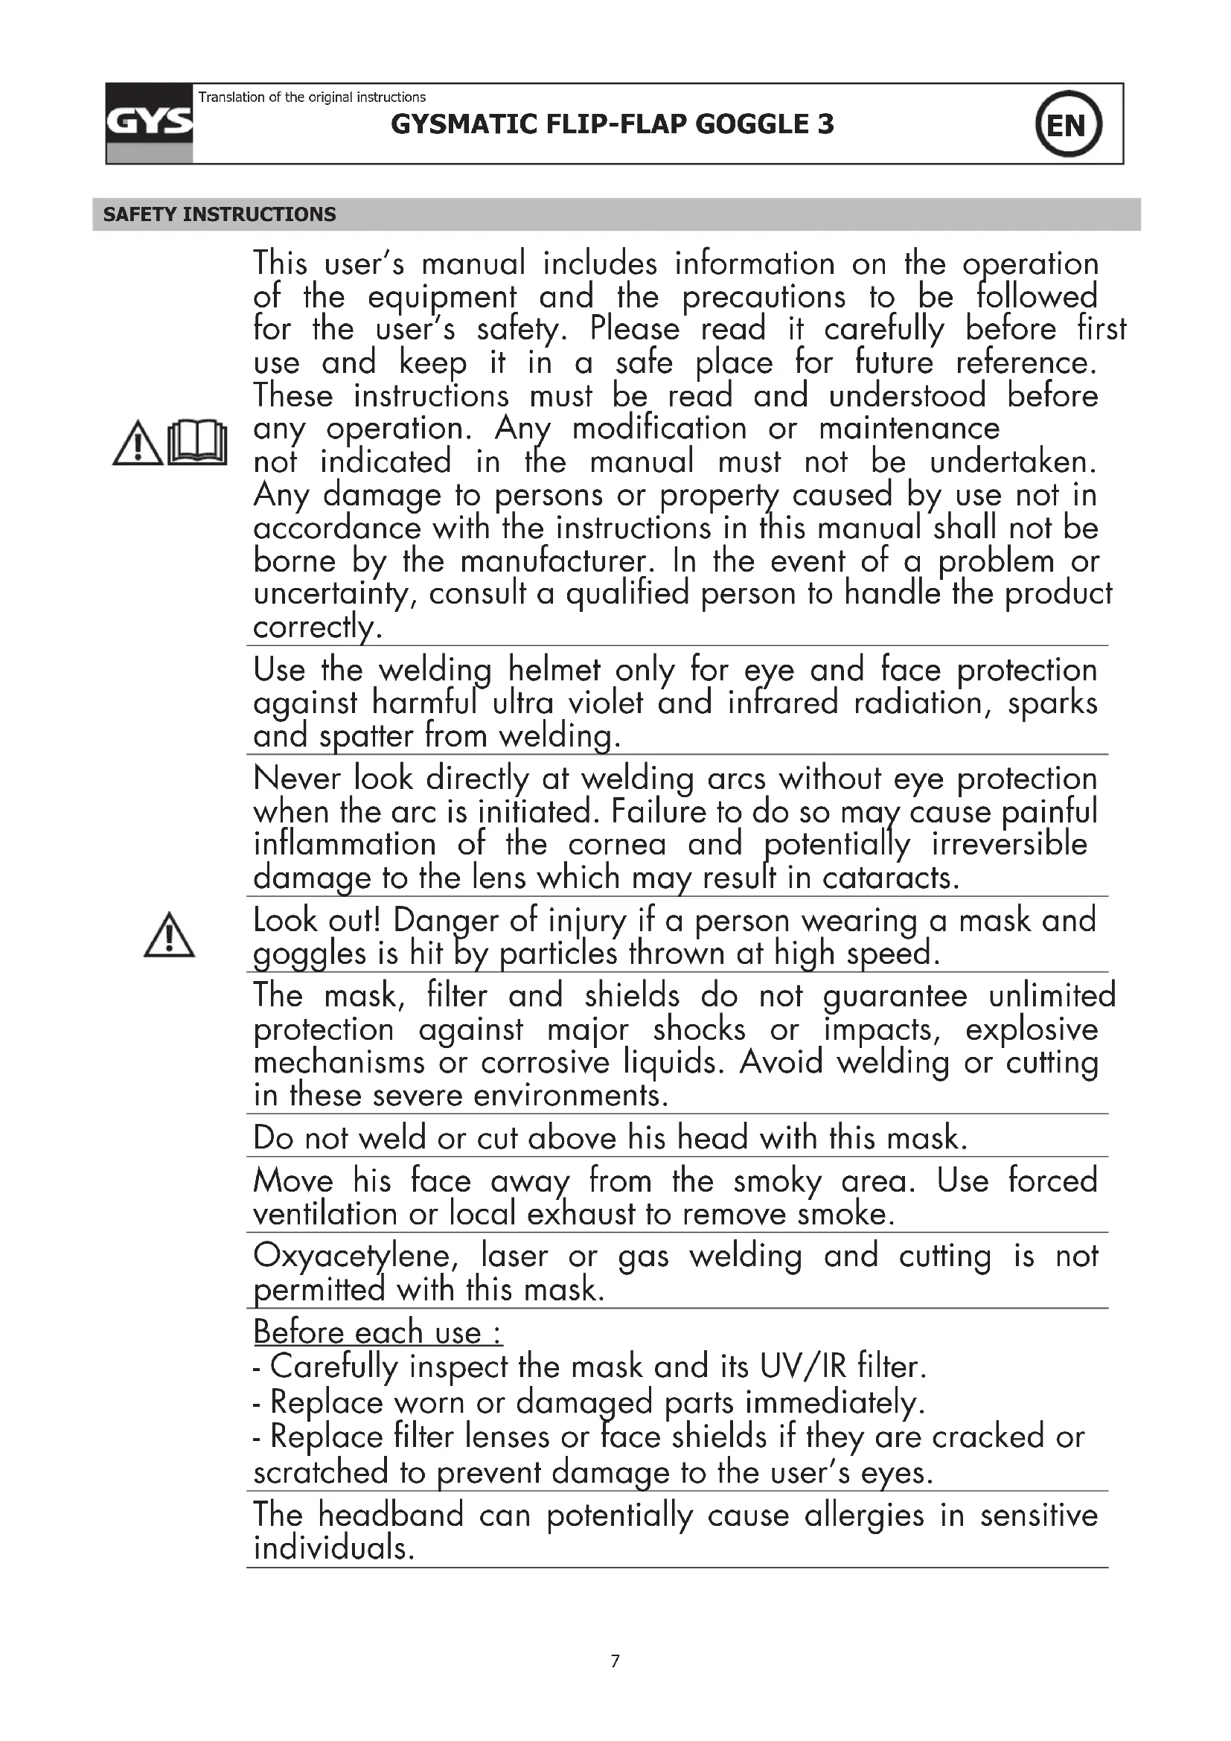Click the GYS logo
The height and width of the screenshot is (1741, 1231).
(x=150, y=123)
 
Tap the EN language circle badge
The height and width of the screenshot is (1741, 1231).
(x=1068, y=124)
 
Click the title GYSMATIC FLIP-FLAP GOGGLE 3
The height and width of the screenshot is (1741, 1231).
(x=612, y=124)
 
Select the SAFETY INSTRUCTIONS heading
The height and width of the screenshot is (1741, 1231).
(x=219, y=214)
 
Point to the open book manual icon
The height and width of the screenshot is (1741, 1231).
(x=197, y=442)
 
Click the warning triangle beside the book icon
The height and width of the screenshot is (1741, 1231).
(x=137, y=443)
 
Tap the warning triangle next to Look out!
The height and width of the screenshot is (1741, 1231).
(x=169, y=936)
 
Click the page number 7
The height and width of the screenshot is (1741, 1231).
(x=615, y=1661)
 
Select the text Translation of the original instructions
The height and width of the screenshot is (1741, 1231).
(x=312, y=97)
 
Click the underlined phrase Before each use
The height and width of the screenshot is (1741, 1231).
(x=377, y=1332)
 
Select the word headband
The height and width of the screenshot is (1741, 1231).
(x=389, y=1515)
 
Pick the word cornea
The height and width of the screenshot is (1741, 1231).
(x=617, y=845)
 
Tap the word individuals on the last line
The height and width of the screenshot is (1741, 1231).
(x=333, y=1547)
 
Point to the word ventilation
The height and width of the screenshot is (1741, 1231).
(x=324, y=1214)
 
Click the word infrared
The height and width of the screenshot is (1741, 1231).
(x=782, y=703)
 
